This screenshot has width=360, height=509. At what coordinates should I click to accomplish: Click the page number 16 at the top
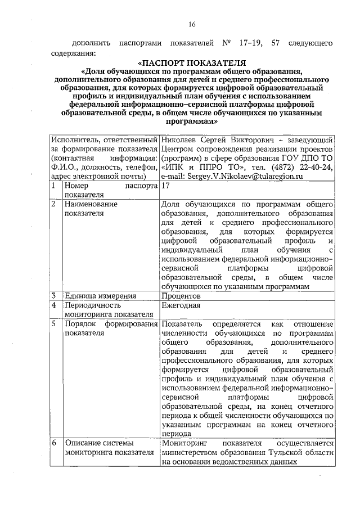192,24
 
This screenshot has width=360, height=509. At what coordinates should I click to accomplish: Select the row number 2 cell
53,204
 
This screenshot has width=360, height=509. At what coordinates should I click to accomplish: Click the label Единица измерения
100,296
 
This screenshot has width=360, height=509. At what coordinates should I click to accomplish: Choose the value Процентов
180,296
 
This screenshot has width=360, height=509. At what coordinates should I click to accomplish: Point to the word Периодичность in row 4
92,305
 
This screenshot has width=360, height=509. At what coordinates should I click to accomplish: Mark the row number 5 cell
53,325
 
